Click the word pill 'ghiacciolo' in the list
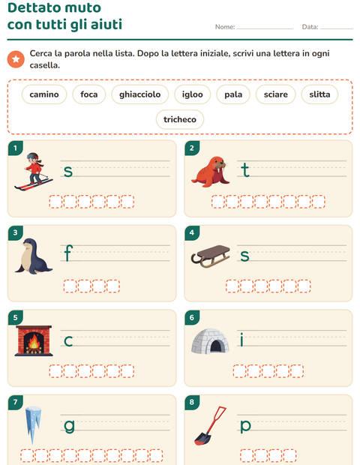[x=140, y=94]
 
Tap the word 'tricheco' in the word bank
[x=180, y=119]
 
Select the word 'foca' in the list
[x=89, y=94]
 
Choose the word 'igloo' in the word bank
[x=193, y=94]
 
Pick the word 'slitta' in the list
[x=319, y=94]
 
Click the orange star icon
[x=16, y=59]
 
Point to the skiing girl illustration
[x=34, y=172]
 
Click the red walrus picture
[x=211, y=172]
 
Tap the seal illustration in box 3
[x=33, y=256]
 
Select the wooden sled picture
[x=211, y=256]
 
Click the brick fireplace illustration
[x=34, y=340]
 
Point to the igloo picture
[x=210, y=341]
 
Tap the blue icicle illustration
[x=33, y=424]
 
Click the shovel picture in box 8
[x=210, y=425]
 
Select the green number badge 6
[x=192, y=317]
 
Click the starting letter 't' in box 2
[x=245, y=169]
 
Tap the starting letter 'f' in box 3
[x=68, y=253]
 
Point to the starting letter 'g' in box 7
[x=69, y=427]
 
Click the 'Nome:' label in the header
[x=225, y=27]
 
